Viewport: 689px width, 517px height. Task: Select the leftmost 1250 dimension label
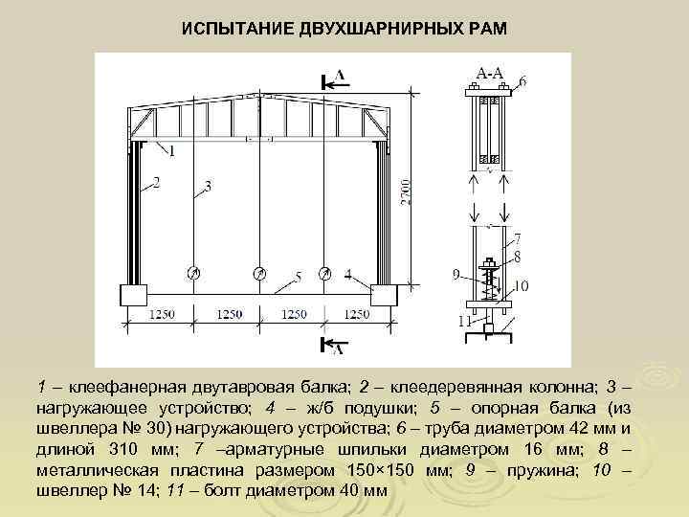(x=163, y=314)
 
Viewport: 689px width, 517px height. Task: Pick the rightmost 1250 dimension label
(x=357, y=314)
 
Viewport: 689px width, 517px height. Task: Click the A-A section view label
(x=490, y=73)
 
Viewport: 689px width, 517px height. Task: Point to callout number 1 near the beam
(x=171, y=150)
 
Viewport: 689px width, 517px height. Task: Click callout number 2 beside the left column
(x=155, y=180)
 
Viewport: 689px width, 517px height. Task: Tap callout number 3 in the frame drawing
(x=208, y=184)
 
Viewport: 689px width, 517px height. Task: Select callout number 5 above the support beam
(x=299, y=278)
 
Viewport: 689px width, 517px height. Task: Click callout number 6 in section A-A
(x=522, y=81)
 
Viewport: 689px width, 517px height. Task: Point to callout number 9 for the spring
(x=456, y=275)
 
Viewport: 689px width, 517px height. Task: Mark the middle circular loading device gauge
(x=258, y=274)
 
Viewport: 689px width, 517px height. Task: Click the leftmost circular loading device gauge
(x=193, y=274)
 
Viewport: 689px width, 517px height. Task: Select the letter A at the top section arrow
(x=341, y=74)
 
